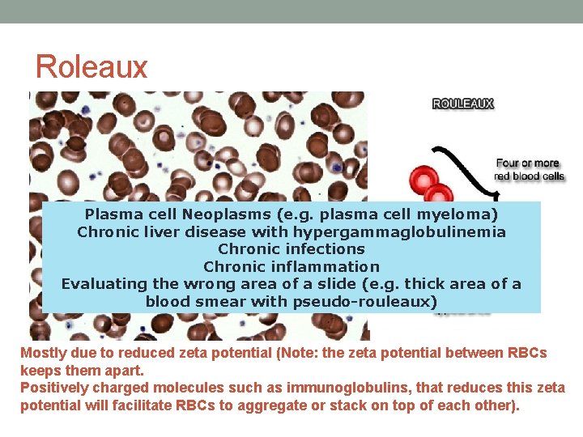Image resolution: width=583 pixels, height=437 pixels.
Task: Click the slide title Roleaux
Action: [91, 66]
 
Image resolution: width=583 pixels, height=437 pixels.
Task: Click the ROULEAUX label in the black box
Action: [463, 104]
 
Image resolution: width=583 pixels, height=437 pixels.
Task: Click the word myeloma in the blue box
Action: [466, 214]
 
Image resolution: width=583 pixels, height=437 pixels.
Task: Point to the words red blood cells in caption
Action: [530, 176]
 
